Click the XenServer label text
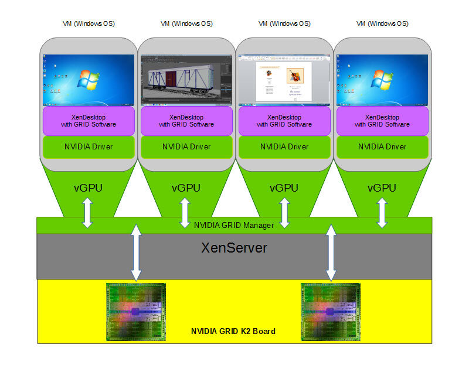pyautogui.click(x=235, y=248)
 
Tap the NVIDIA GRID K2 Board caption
pyautogui.click(x=233, y=331)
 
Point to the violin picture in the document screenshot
pyautogui.click(x=294, y=76)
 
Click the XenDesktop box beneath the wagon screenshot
pyautogui.click(x=186, y=120)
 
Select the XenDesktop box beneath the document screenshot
pyautogui.click(x=284, y=120)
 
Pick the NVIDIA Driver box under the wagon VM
pyautogui.click(x=186, y=146)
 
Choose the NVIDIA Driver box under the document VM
pyautogui.click(x=284, y=146)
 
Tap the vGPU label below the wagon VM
pyautogui.click(x=186, y=188)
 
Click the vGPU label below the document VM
pyautogui.click(x=284, y=188)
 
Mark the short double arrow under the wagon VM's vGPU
pyautogui.click(x=186, y=213)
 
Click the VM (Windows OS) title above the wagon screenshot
pyautogui.click(x=186, y=24)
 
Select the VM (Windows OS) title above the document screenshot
pyautogui.click(x=284, y=24)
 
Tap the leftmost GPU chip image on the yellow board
pyautogui.click(x=136, y=312)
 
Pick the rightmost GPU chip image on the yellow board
pyautogui.click(x=331, y=312)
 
